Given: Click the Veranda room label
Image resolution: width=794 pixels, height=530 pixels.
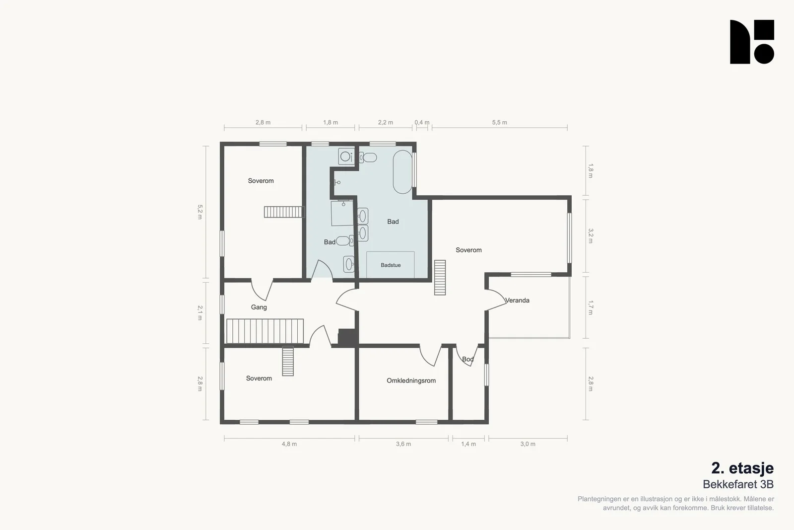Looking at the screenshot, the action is click(517, 301).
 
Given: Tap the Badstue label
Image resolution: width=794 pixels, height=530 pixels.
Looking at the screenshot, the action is click(391, 265).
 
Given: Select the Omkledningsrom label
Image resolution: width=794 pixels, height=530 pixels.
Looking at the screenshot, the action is click(411, 380).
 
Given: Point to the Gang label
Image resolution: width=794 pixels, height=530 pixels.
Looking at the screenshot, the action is click(259, 307).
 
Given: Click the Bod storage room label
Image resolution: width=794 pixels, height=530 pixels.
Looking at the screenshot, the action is click(468, 359).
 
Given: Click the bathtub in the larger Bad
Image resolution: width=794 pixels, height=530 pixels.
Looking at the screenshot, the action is click(402, 172).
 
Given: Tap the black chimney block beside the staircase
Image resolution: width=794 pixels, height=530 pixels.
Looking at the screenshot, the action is click(347, 337).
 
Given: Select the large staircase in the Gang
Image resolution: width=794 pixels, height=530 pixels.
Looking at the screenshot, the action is click(265, 331).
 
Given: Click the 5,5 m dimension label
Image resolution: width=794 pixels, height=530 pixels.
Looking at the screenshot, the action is click(499, 122).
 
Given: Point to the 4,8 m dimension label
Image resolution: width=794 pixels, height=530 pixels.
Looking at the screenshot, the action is click(289, 444).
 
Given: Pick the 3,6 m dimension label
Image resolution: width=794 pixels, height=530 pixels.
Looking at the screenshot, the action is click(403, 444).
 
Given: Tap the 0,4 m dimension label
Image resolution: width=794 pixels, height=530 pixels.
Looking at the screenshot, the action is click(422, 122).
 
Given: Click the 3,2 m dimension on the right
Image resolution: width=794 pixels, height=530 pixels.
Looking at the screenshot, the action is click(591, 236).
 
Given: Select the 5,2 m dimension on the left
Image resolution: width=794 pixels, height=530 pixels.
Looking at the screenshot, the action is click(200, 212).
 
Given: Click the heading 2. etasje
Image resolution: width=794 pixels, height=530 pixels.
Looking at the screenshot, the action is click(742, 468).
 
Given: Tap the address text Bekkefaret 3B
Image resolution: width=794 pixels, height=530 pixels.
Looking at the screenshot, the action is click(738, 484).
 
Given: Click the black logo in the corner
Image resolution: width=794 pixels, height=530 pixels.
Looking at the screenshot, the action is click(752, 42).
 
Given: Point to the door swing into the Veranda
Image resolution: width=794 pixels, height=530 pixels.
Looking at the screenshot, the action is click(496, 300).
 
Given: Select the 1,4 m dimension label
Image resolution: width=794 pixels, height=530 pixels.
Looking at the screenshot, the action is click(468, 444).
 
